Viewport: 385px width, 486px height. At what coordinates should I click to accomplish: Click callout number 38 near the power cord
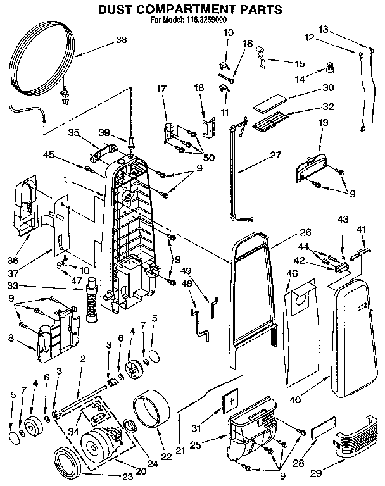click(122, 40)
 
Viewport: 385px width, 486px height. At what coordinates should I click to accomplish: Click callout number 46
click(292, 273)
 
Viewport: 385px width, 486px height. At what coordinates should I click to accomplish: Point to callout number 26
click(287, 232)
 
